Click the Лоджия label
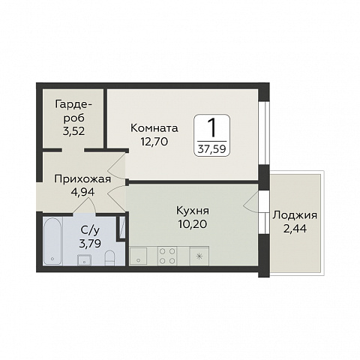coord(295,215)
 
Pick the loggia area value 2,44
coord(295,228)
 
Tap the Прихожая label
coord(82,179)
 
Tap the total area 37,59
coord(211,147)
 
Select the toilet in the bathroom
coord(109,258)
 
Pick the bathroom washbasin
coord(85,259)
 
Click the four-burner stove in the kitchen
coord(167,254)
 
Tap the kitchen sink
coord(140,256)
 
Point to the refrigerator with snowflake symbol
coord(199,256)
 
